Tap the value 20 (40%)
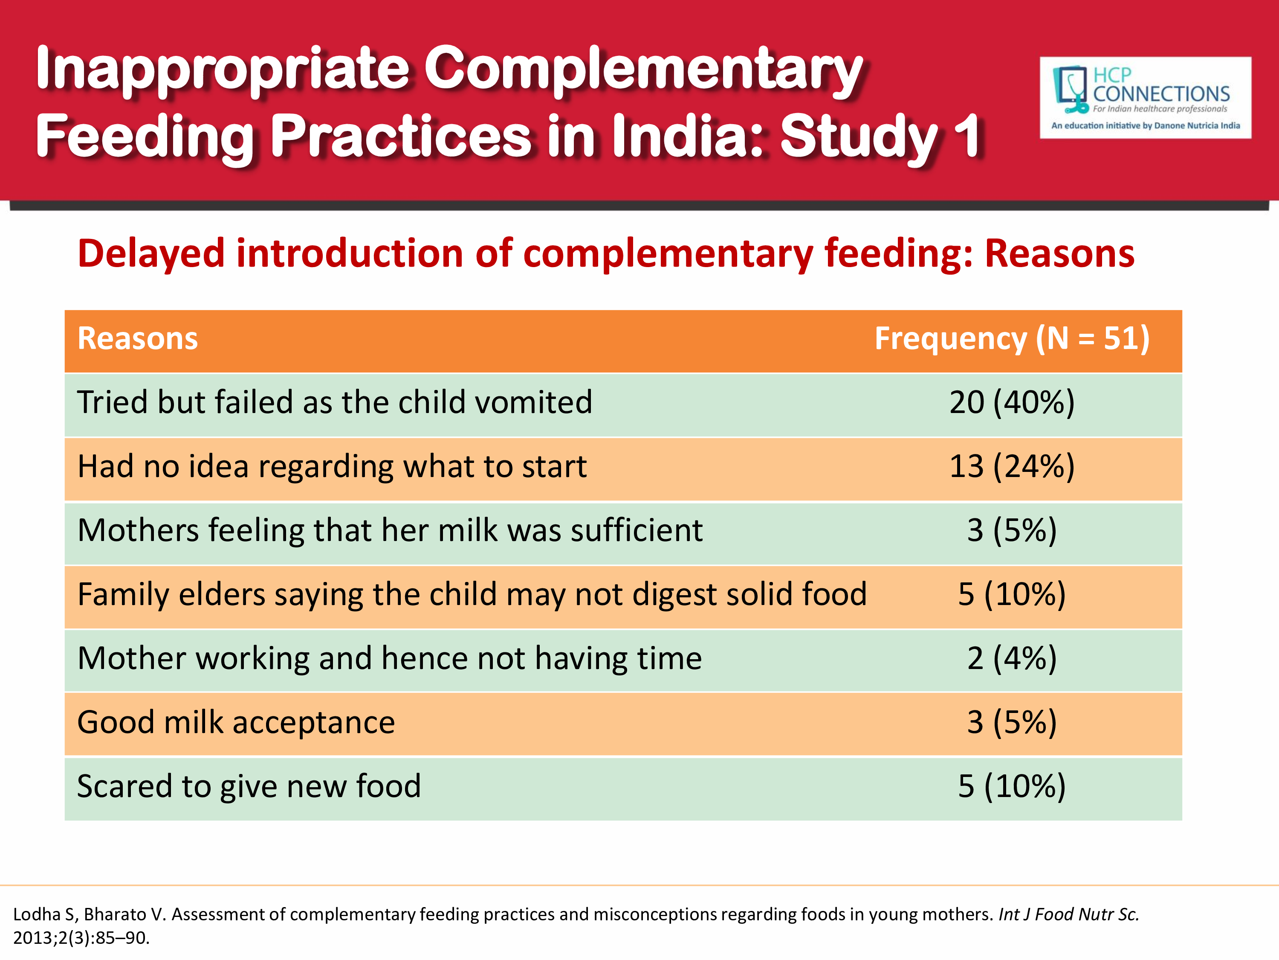point(1011,402)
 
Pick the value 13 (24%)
point(1011,466)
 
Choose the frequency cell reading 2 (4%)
point(1011,658)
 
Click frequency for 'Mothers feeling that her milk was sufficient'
point(1011,531)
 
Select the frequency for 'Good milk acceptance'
point(1011,723)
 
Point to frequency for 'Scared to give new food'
point(1011,786)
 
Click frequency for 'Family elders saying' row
point(1011,594)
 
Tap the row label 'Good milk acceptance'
point(236,723)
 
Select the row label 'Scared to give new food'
point(249,786)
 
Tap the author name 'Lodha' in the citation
point(37,914)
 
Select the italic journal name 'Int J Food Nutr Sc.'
point(1068,914)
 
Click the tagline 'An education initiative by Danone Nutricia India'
point(1145,125)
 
